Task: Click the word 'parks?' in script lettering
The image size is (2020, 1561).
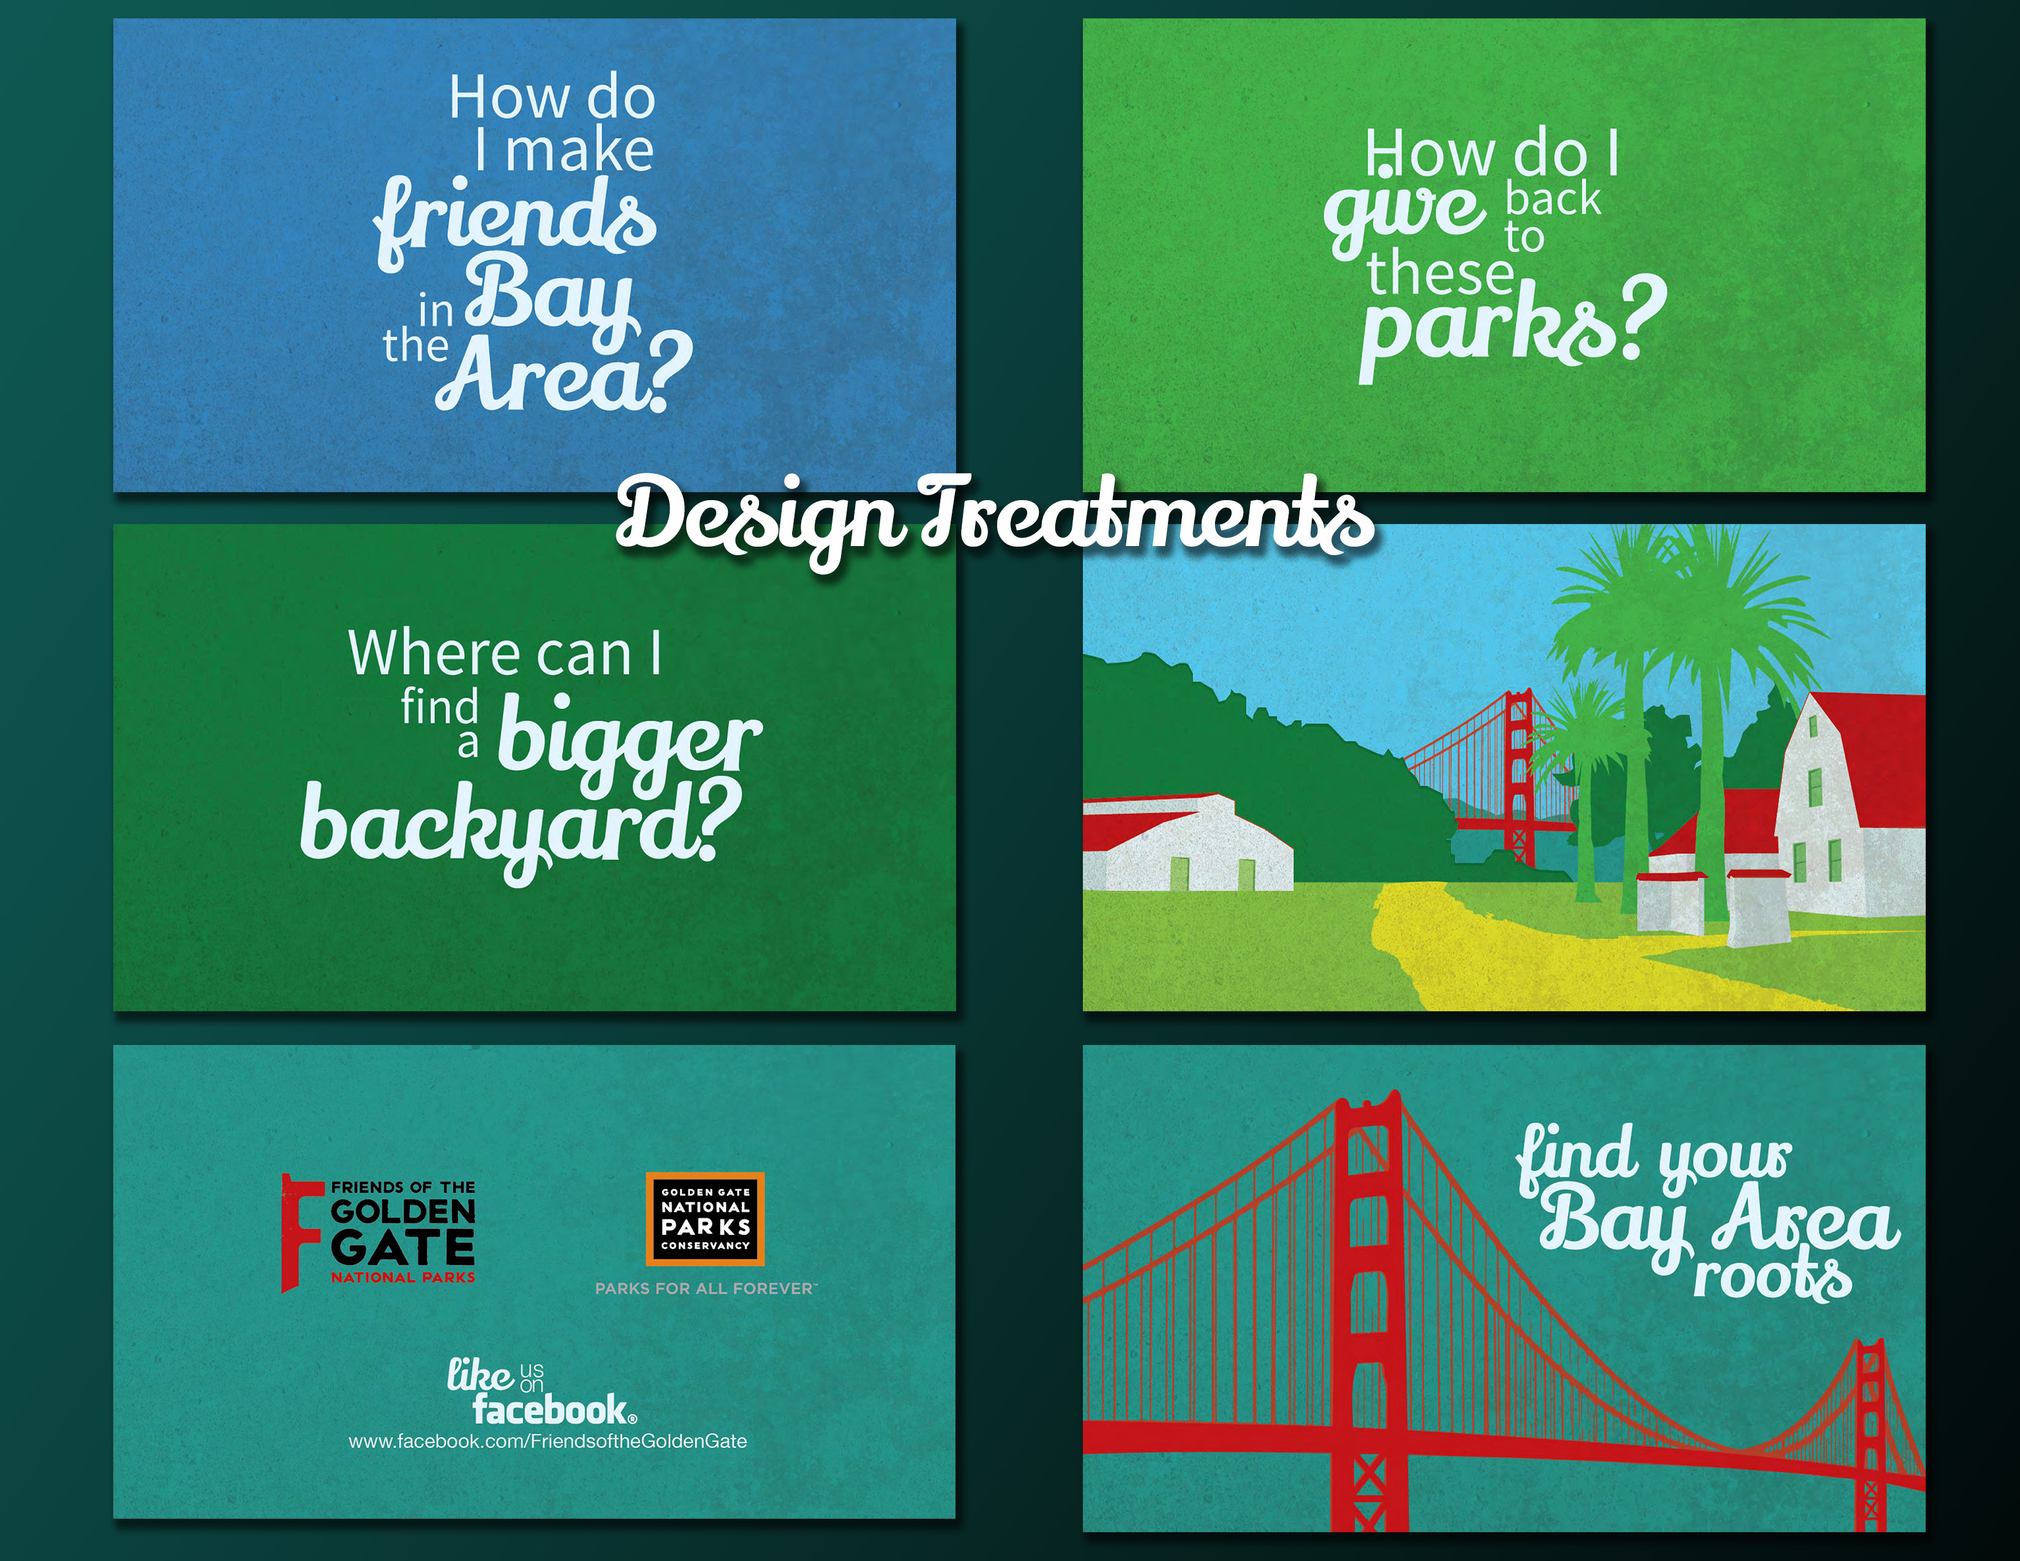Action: tap(1512, 326)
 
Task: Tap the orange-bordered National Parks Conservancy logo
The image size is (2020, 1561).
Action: tap(705, 1219)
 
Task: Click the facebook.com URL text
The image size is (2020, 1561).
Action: tap(548, 1442)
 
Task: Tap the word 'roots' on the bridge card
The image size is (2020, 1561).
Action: tap(1772, 1277)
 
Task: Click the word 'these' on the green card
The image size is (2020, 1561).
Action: tap(1440, 275)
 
